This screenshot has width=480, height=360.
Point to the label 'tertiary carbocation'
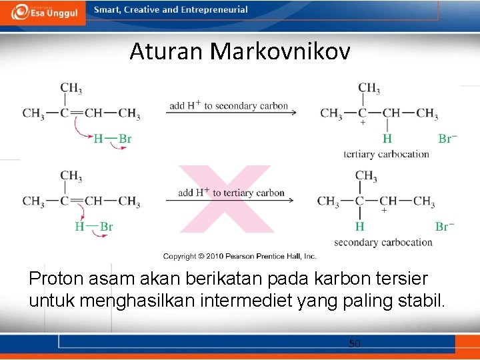[x=386, y=154]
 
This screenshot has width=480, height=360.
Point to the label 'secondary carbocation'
[x=383, y=242]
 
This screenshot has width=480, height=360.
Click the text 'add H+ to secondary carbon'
[x=229, y=105]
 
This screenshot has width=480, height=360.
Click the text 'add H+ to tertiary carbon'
[x=231, y=193]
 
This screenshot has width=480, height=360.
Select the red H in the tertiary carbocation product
[x=387, y=139]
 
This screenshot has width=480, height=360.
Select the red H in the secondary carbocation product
[x=360, y=227]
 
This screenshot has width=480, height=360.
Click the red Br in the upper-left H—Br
[x=125, y=139]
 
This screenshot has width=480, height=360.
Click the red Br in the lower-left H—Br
[x=106, y=227]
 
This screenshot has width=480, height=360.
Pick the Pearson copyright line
[x=239, y=256]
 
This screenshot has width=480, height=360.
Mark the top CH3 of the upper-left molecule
[x=71, y=88]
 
